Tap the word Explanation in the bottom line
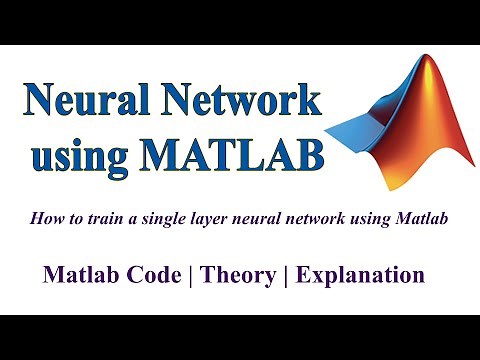pos(361,274)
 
